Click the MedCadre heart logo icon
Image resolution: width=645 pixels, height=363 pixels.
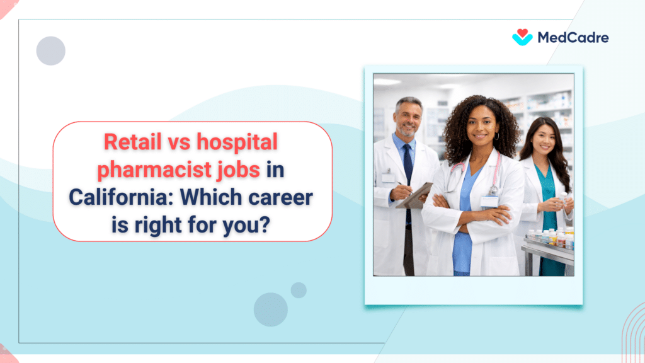click(522, 37)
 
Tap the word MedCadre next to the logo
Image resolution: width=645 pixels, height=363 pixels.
click(573, 38)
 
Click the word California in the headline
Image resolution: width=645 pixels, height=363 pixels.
click(115, 197)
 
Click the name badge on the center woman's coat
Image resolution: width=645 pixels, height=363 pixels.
click(489, 202)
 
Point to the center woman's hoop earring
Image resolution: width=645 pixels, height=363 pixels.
click(496, 135)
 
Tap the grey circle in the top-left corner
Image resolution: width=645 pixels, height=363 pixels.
click(51, 51)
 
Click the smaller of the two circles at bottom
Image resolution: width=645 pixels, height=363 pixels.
click(299, 290)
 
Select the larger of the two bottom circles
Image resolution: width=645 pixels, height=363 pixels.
click(271, 309)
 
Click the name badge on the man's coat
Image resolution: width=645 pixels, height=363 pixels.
click(388, 178)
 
